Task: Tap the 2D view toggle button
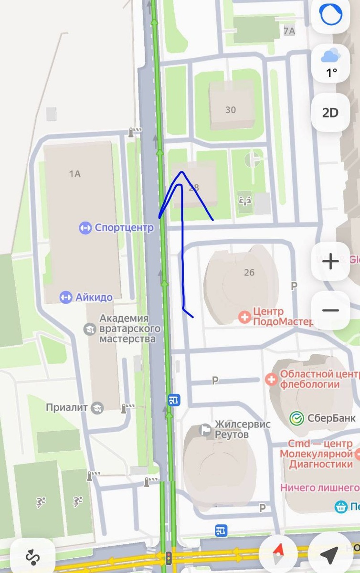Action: (x=330, y=113)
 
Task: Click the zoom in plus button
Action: (x=330, y=261)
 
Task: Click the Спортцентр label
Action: (x=124, y=227)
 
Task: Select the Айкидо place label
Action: (x=94, y=297)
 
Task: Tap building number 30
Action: (x=231, y=110)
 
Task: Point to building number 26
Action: (x=249, y=272)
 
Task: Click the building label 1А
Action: (x=75, y=174)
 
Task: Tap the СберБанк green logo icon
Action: (x=297, y=418)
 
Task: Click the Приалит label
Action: (x=67, y=407)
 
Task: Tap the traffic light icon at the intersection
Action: (x=168, y=557)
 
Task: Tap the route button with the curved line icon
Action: (x=32, y=556)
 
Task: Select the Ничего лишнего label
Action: (x=319, y=488)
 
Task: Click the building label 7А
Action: (x=289, y=31)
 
